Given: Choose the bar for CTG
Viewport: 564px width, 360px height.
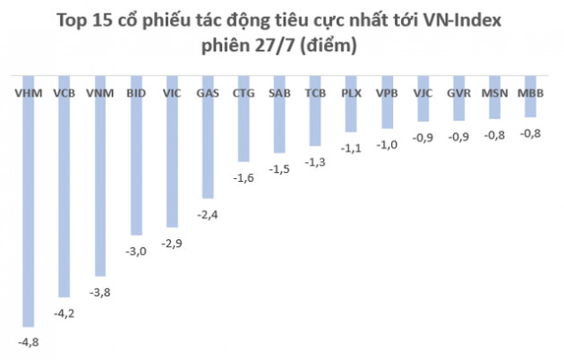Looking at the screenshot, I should coord(243,130).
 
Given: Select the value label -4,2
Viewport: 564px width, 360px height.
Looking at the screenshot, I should coord(64,312).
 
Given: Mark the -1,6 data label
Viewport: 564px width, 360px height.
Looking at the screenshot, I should coord(243,178).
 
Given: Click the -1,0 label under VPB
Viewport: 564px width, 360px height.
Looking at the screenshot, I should coord(386,145).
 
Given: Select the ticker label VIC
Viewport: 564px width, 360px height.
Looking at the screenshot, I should coord(172,92).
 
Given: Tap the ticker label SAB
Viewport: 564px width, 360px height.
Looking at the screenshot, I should coord(278,92).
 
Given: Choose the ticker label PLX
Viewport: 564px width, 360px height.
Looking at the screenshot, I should coord(351,92).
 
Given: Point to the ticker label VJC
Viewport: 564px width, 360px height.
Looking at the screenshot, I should coord(422,92).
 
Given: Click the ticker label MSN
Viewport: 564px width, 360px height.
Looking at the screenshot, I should coord(493,92).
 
